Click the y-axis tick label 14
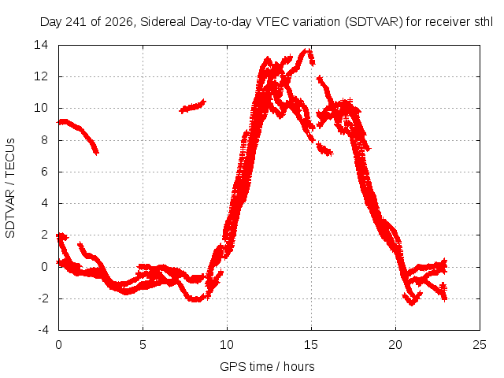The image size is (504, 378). (41, 45)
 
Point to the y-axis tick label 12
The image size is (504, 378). (41, 76)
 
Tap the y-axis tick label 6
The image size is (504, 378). (44, 172)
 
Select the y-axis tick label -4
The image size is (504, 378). (43, 330)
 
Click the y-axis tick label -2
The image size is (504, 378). (43, 298)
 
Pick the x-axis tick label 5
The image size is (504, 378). (143, 345)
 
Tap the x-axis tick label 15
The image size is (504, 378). (311, 345)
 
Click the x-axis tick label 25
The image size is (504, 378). (480, 345)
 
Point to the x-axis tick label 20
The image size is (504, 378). (395, 345)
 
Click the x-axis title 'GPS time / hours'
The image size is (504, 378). (267, 366)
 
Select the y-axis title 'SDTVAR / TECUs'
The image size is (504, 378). (10, 188)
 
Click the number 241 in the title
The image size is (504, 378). (76, 22)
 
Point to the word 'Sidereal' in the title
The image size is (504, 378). (163, 22)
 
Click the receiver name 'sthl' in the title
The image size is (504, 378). (484, 22)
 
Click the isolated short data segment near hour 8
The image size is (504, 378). (192, 107)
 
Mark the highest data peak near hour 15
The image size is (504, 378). (308, 50)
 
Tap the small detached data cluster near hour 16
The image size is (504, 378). (324, 149)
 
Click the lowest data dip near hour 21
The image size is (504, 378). (412, 302)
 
